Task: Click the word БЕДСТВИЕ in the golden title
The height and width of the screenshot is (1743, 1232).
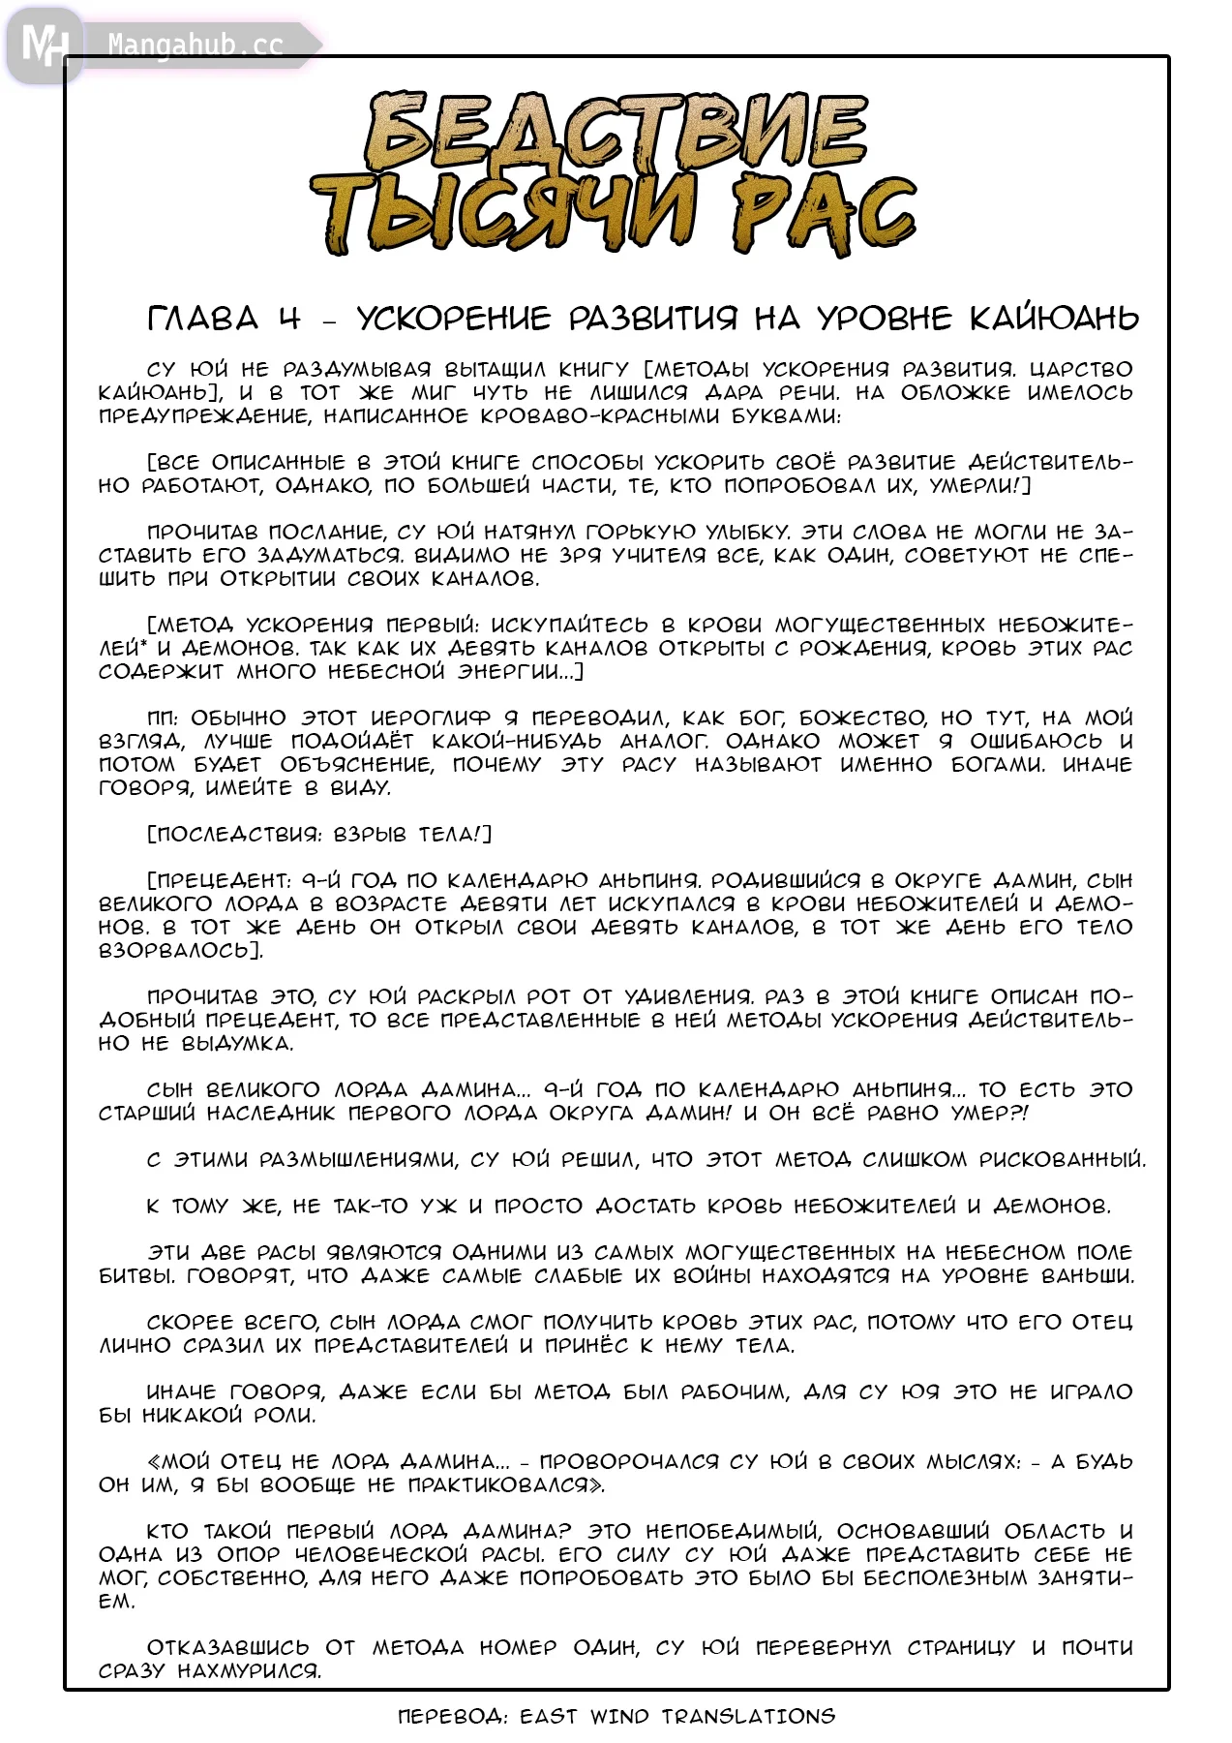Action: click(x=616, y=133)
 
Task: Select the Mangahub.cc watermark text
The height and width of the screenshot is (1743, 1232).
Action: click(x=195, y=46)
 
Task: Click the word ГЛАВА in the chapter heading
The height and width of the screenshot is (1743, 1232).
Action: click(x=203, y=318)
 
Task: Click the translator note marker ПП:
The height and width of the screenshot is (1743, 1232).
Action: click(x=162, y=718)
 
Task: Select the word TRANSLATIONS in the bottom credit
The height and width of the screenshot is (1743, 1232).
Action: click(x=748, y=1717)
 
